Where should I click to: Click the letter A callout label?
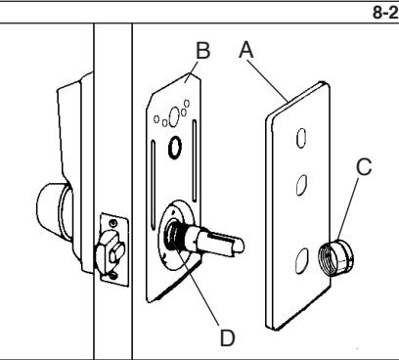point(246,51)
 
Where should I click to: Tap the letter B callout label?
point(203,51)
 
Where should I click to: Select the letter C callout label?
point(364,166)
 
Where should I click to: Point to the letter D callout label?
point(228,337)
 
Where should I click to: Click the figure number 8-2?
point(385,13)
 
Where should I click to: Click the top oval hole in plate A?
point(301,138)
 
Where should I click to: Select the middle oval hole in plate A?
point(301,185)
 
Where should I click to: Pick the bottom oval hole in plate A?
point(302,260)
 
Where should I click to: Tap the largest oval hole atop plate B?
point(174,115)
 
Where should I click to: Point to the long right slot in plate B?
point(195,160)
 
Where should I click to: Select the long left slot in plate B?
point(153,184)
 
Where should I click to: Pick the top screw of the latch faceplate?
point(113,223)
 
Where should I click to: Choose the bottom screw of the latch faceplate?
point(113,276)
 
